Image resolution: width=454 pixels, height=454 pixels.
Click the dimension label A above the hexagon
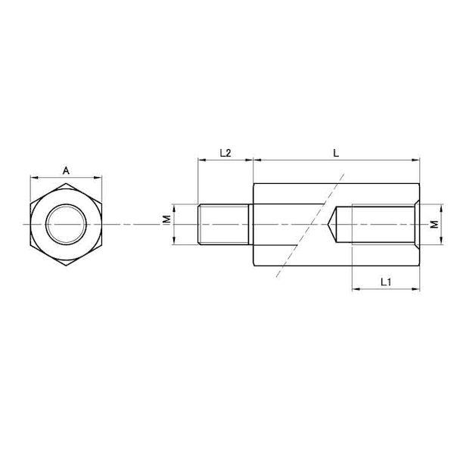pos(67,171)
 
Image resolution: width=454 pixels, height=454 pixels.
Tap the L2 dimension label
pos(225,153)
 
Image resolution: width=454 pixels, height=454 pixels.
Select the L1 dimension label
pos(386,281)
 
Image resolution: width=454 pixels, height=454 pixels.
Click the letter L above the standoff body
pos(336,153)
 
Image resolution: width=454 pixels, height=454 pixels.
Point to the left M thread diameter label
pos(166,219)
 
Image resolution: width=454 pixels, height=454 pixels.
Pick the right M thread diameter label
pos(434,224)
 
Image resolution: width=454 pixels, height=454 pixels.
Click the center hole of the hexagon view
pos(66,225)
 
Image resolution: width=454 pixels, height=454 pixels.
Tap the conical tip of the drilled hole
pos(328,225)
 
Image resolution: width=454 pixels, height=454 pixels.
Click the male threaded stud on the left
pos(223,225)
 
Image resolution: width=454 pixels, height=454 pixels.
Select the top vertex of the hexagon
pos(66,183)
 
